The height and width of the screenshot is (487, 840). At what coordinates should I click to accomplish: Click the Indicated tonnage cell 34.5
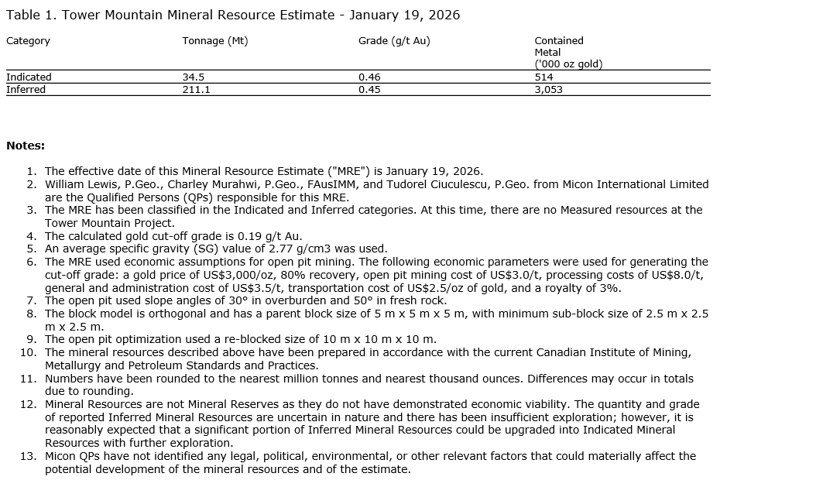point(194,77)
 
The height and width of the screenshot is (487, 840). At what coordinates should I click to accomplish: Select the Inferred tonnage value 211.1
point(197,90)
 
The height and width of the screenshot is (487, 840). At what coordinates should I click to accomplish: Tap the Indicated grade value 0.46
point(369,77)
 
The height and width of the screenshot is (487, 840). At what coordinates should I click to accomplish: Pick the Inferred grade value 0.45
point(369,90)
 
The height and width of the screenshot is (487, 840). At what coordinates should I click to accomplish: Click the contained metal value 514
point(543,77)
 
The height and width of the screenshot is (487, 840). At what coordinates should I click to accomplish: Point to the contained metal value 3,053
point(548,90)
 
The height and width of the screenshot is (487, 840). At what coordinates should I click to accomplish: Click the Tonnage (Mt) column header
point(215,41)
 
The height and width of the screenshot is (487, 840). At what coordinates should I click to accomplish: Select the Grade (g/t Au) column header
point(394,41)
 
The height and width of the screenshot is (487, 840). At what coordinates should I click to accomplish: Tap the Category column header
point(28,41)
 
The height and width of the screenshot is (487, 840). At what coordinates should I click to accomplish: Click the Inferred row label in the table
point(26,90)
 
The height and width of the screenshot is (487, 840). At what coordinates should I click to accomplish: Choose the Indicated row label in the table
point(29,77)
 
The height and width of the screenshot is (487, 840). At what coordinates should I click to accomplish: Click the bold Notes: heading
point(26,146)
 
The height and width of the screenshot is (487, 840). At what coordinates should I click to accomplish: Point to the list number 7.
point(31,300)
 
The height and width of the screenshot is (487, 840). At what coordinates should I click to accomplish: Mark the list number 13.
point(29,456)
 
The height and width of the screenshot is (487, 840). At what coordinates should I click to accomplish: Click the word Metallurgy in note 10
point(71,365)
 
